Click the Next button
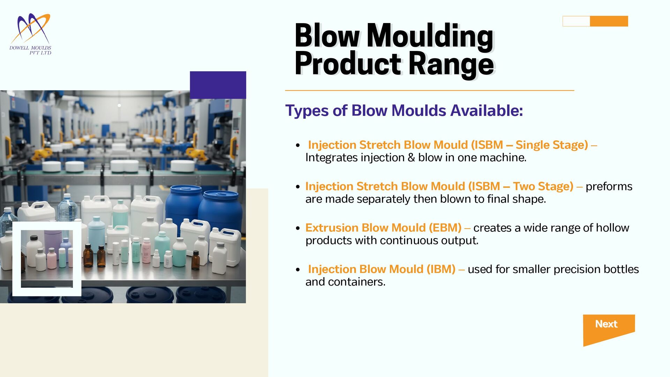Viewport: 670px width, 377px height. (x=609, y=328)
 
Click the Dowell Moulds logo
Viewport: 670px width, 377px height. (x=30, y=34)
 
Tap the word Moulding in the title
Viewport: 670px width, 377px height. (x=430, y=36)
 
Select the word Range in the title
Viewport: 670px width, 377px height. (x=452, y=64)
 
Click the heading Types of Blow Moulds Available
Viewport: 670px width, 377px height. (x=404, y=111)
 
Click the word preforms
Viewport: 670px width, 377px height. (x=609, y=187)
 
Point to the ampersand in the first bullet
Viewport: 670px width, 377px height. (x=411, y=157)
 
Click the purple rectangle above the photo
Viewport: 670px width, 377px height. (x=218, y=85)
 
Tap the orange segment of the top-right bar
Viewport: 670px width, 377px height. (x=609, y=21)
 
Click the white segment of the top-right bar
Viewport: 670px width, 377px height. (x=576, y=21)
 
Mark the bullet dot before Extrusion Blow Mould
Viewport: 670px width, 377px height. (x=298, y=228)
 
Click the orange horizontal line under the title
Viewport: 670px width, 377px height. (x=430, y=90)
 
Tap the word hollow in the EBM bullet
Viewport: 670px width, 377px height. (x=612, y=228)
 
